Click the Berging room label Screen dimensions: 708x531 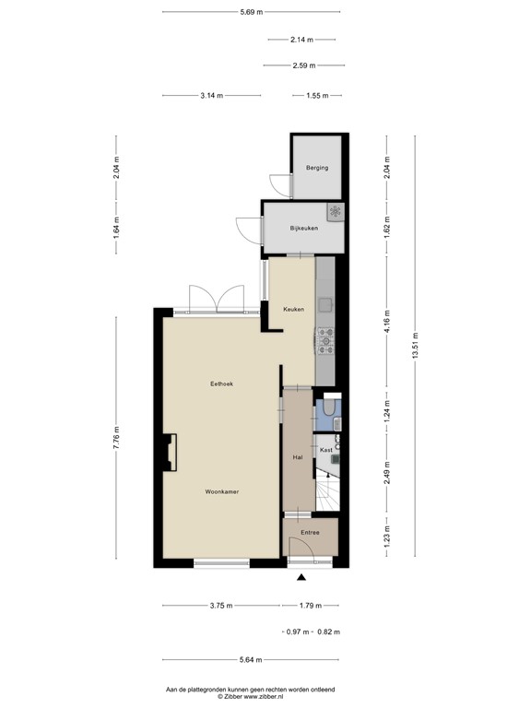pos(317,168)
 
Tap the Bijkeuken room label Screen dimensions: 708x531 pos(304,228)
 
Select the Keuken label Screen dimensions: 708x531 pos(293,309)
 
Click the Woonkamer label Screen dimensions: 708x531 pos(222,491)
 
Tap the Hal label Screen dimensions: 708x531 pos(297,456)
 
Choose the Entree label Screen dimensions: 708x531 pos(311,533)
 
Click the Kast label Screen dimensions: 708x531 pos(325,450)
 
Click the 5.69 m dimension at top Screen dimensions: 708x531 pos(252,12)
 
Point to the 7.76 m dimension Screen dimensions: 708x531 pos(116,436)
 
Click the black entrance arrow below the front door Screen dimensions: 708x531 pos(301,578)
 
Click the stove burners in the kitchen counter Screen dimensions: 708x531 pos(325,341)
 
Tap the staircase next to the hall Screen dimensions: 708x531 pos(327,489)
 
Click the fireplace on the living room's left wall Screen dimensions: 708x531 pos(169,452)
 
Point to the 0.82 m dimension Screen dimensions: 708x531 pos(328,631)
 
